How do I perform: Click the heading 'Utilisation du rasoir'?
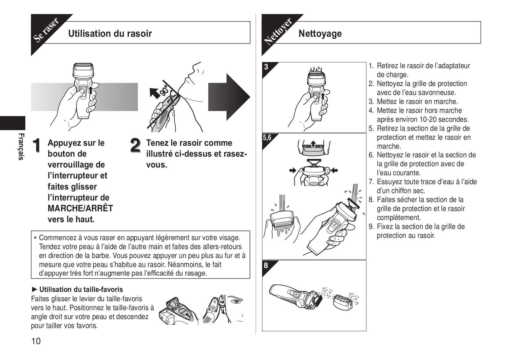tap(110, 34)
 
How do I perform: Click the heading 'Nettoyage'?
tap(320, 34)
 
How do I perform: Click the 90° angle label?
tap(164, 91)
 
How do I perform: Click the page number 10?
tap(36, 341)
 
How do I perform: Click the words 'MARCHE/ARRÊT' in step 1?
tap(80, 208)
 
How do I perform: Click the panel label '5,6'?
tap(267, 138)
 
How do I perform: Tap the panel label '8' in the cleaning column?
tap(266, 265)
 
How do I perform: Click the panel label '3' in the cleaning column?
tap(266, 67)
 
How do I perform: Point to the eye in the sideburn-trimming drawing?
tap(236, 301)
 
